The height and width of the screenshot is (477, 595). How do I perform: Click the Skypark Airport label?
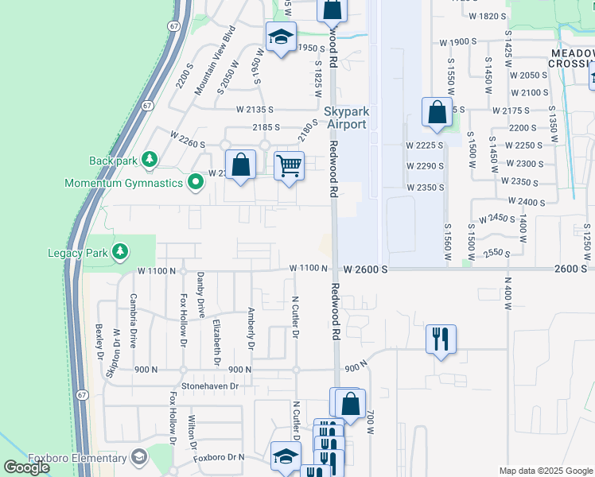pyautogui.click(x=345, y=118)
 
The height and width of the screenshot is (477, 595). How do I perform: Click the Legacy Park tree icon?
pyautogui.click(x=120, y=253)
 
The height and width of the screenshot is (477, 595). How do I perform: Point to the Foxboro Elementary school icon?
pyautogui.click(x=139, y=456)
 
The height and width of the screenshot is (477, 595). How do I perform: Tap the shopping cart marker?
pyautogui.click(x=290, y=167)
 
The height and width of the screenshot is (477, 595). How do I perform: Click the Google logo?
pyautogui.click(x=26, y=467)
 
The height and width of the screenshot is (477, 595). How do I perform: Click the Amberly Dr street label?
pyautogui.click(x=251, y=328)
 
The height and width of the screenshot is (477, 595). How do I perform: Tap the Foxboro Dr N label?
pyautogui.click(x=220, y=460)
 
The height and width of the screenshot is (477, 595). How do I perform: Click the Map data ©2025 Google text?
pyautogui.click(x=546, y=471)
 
